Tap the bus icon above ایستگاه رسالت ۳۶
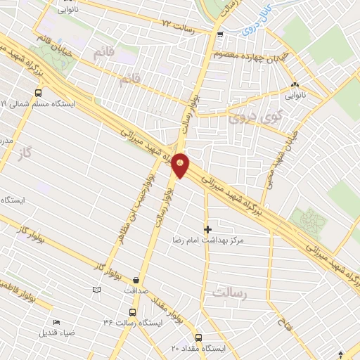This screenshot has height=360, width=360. (132, 311)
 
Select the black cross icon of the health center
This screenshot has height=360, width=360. (207, 229)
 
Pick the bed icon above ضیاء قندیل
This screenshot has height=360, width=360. (56, 322)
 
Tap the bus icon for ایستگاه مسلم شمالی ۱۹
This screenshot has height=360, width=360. (37, 92)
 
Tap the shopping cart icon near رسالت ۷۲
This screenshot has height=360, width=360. (221, 33)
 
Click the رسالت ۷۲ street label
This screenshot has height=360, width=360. (176, 26)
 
